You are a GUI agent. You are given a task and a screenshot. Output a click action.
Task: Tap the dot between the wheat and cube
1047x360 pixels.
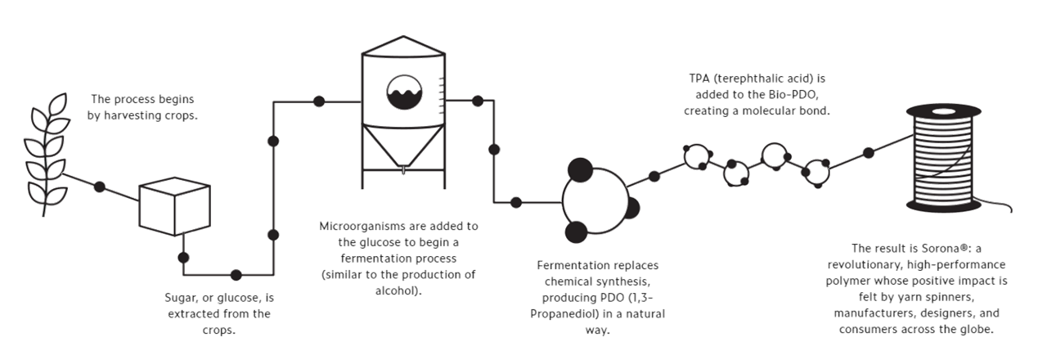100,187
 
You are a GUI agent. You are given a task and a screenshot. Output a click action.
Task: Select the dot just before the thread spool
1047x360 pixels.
869,152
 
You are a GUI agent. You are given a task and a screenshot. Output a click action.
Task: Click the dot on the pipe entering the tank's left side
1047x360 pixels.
319,101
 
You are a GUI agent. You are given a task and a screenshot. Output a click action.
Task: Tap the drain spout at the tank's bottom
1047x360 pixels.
403,171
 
